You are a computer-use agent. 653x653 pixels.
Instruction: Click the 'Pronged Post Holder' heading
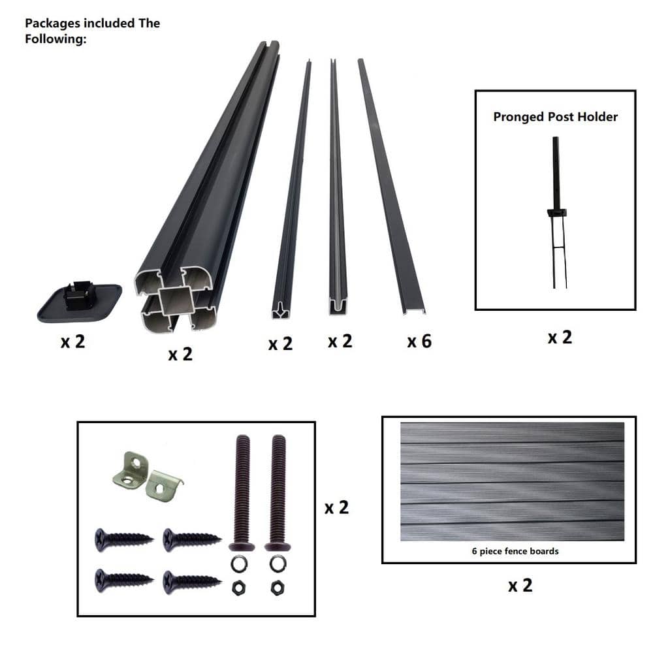555,117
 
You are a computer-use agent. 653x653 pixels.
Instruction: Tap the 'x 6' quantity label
419,342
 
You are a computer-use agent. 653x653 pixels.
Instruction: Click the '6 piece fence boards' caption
515,551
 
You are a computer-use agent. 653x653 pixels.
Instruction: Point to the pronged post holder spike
556,212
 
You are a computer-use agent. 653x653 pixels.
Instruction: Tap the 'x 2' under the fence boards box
520,586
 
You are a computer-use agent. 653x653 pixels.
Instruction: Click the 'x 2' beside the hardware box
336,507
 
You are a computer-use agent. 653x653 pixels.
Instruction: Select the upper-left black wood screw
124,539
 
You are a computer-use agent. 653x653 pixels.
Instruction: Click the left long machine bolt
242,492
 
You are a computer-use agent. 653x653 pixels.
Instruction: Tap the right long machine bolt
278,492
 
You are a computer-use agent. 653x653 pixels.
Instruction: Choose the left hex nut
238,588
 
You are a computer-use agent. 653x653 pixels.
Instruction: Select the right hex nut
277,588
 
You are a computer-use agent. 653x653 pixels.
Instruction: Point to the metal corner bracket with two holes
131,470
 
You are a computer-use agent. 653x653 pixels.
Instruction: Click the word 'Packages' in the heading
53,24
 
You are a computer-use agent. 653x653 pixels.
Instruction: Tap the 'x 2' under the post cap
73,342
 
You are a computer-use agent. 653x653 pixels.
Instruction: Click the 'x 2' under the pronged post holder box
560,338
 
